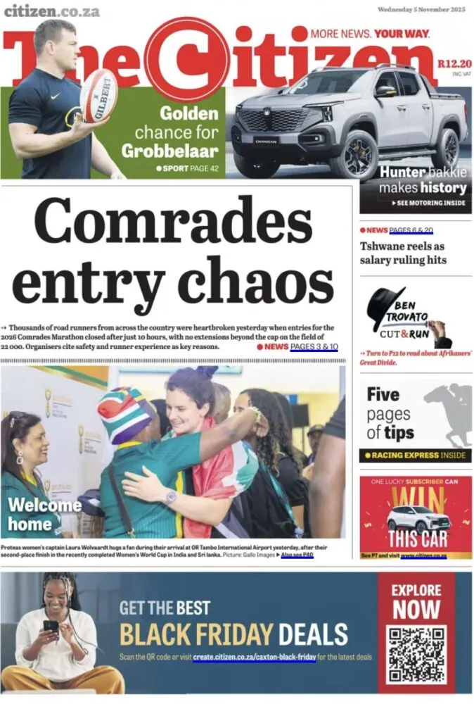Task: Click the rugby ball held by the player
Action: pyautogui.click(x=98, y=95)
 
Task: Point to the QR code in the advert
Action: pyautogui.click(x=417, y=654)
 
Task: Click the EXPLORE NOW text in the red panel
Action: pyautogui.click(x=416, y=600)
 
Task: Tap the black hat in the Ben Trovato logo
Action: pyautogui.click(x=385, y=305)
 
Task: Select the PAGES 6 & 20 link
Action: pyautogui.click(x=411, y=230)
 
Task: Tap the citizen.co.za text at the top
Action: pyautogui.click(x=51, y=11)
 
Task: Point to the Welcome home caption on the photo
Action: pyautogui.click(x=44, y=514)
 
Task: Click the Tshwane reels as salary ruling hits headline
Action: pyautogui.click(x=403, y=253)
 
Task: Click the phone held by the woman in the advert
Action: pyautogui.click(x=51, y=626)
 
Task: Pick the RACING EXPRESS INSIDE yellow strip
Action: pyautogui.click(x=415, y=455)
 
